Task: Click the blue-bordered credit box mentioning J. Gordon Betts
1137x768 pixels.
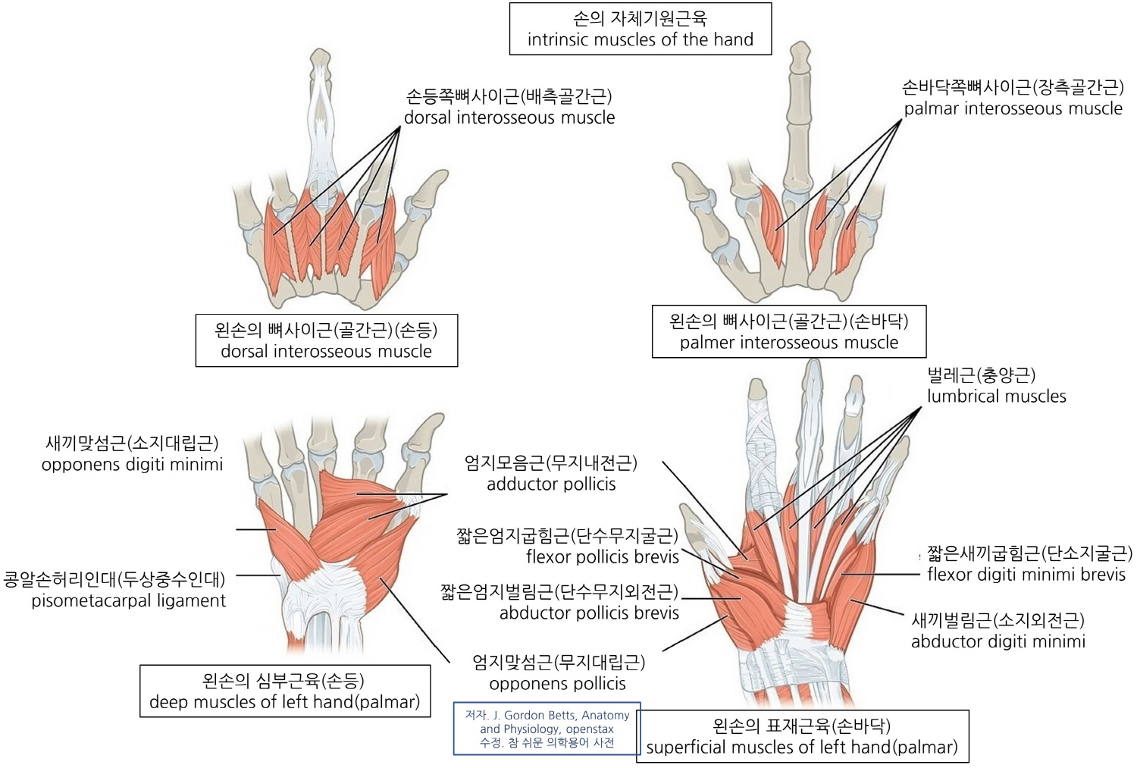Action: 547,729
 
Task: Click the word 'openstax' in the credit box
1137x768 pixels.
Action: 590,729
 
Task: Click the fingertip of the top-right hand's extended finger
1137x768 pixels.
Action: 800,52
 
